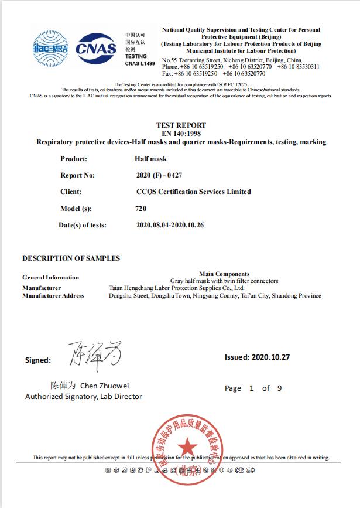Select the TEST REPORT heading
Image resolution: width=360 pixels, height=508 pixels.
coord(181,125)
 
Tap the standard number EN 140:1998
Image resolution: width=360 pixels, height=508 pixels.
coord(181,134)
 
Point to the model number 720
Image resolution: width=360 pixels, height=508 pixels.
coord(140,208)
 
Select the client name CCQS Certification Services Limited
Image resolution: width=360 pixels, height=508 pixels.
coord(193,192)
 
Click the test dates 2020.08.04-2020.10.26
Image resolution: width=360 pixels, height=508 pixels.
coord(170,224)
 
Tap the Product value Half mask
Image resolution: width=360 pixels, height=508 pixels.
coord(150,159)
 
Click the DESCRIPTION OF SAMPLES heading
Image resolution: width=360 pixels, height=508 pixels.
coord(71,258)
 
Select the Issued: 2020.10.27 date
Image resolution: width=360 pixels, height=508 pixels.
coord(258,357)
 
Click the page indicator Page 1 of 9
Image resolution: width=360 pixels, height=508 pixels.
coord(253,388)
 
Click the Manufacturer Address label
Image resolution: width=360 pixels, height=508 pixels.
coord(53,296)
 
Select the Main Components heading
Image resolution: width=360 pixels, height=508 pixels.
coord(224,274)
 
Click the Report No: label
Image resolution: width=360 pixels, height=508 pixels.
coord(77,175)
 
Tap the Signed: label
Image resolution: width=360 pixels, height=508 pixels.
coord(38,360)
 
